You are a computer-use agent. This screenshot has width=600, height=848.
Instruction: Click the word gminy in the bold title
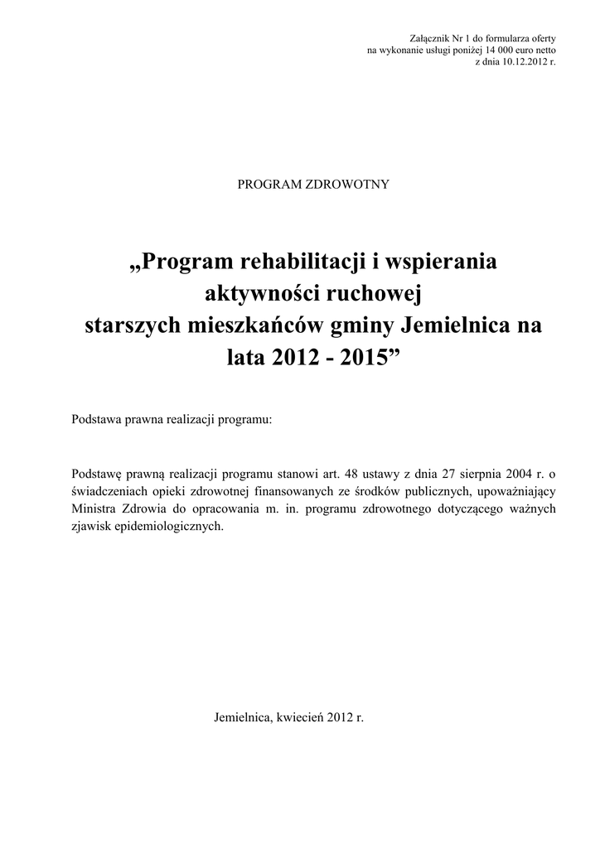363,325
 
